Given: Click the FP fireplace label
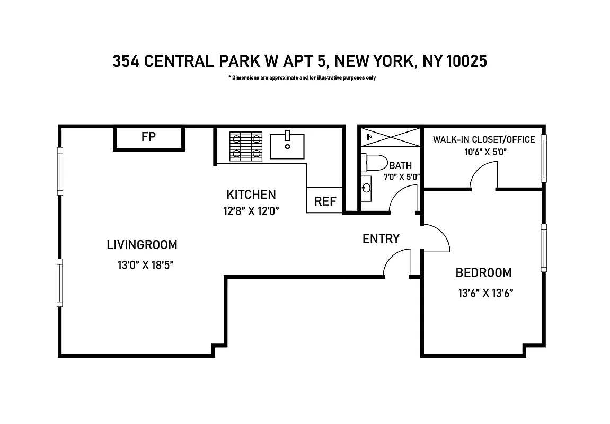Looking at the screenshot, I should (148, 137).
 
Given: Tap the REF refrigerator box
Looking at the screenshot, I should (325, 201).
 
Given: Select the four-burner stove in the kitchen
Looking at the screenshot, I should (246, 146).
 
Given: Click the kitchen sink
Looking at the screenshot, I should (287, 146).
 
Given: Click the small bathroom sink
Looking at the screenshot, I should (366, 187).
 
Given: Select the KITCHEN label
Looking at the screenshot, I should (251, 194).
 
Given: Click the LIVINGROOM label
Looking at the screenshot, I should (142, 245).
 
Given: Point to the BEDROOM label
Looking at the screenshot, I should (483, 273).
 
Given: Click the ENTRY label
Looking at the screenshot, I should (381, 239).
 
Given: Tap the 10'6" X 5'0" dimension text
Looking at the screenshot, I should (482, 152).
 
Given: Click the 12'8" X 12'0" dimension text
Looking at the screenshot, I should (251, 211).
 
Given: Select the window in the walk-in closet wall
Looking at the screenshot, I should (543, 158).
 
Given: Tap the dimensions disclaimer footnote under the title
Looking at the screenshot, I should (302, 78).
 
